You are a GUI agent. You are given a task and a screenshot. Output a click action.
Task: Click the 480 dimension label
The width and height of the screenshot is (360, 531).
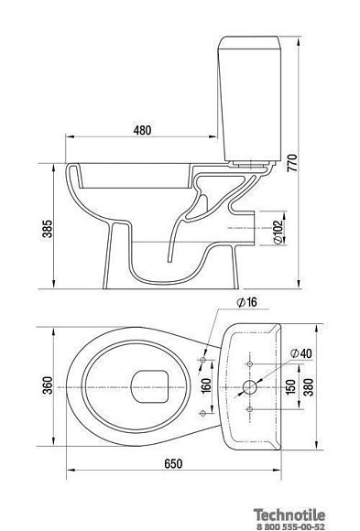click(142, 130)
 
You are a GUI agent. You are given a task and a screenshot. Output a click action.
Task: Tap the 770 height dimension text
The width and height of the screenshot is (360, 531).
click(292, 163)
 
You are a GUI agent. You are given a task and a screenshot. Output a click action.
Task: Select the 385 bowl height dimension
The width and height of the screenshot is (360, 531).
click(48, 229)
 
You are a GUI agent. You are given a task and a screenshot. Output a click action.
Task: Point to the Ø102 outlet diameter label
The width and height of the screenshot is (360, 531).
click(278, 232)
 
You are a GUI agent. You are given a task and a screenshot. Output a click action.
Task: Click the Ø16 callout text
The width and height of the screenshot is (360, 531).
click(246, 302)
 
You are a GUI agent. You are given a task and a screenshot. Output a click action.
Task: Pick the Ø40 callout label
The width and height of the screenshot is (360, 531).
click(301, 353)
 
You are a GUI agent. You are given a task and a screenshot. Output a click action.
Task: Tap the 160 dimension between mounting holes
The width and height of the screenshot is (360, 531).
click(206, 386)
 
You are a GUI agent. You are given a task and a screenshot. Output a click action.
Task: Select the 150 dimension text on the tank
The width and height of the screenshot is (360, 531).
click(291, 386)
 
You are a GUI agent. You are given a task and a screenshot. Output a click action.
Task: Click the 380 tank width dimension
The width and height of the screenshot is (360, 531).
click(309, 386)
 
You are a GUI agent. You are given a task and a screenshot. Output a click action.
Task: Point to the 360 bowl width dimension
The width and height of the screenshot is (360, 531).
click(48, 385)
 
